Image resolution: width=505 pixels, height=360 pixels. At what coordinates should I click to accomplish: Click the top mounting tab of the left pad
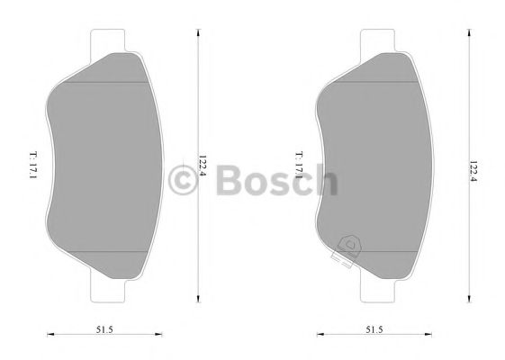click(108, 40)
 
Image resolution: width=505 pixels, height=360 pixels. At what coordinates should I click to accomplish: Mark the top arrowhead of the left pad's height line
click(199, 31)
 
